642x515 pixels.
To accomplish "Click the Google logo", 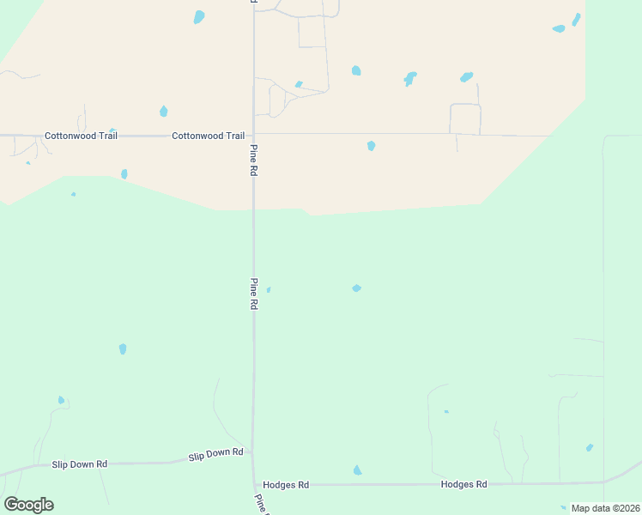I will (x=28, y=505).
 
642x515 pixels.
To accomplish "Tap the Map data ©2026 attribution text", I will (x=605, y=508).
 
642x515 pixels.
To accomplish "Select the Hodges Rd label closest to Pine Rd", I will (x=286, y=485).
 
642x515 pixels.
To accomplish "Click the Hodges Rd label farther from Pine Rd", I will (x=463, y=484).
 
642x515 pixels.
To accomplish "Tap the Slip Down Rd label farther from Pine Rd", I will (x=79, y=464).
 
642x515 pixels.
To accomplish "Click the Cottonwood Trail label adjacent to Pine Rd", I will (x=208, y=136).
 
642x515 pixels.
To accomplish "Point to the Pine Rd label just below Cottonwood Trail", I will (x=254, y=160).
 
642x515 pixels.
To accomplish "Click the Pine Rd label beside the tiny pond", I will (x=254, y=294).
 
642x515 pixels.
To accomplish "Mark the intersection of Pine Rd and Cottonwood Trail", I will (x=253, y=134).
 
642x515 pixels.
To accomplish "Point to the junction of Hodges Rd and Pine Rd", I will (x=254, y=484).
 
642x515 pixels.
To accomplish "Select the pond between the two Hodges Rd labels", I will (x=357, y=470).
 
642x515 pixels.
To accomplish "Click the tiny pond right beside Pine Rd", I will (x=269, y=290).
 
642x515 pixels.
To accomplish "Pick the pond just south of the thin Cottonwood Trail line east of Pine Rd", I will (x=371, y=146).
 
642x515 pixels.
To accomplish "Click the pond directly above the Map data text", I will (x=589, y=448).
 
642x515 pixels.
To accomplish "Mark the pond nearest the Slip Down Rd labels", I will (x=61, y=400).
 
